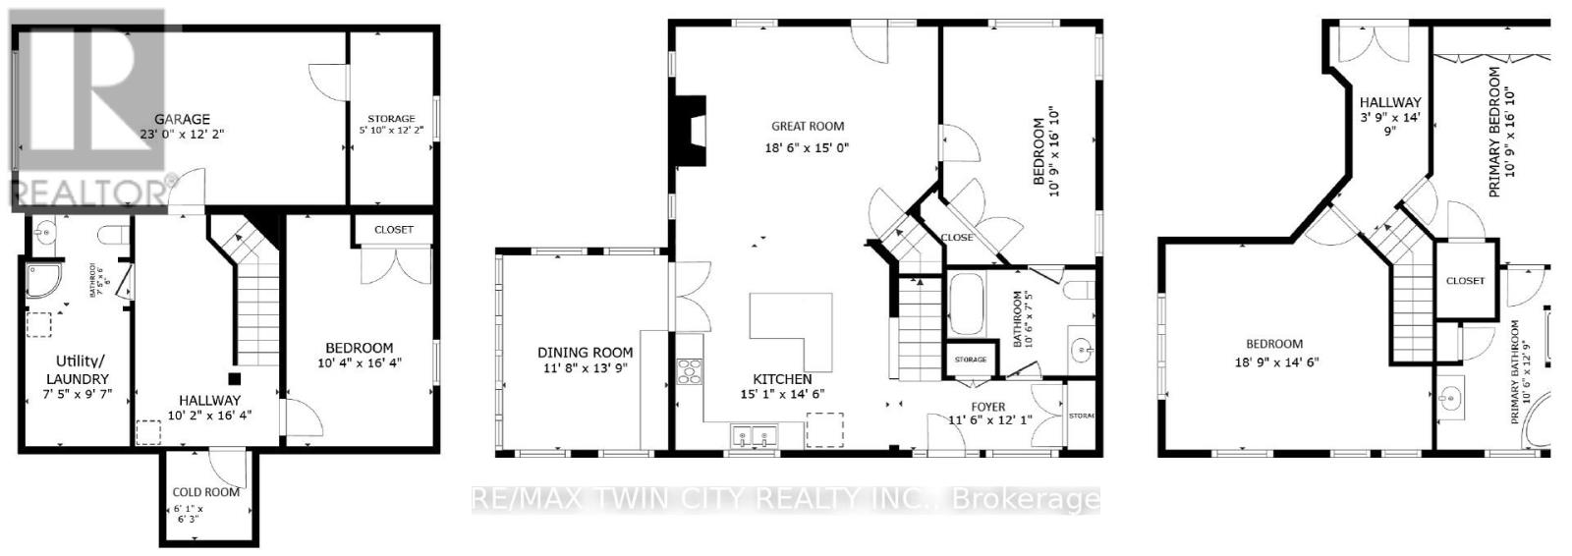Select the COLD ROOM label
click(206, 492)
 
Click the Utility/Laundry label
click(77, 370)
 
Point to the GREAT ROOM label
click(808, 126)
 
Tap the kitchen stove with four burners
click(688, 372)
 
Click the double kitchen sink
click(753, 435)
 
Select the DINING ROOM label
click(585, 352)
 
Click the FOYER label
click(988, 406)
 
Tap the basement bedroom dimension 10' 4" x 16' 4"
click(360, 362)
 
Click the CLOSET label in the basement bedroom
click(394, 230)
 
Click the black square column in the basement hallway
click(234, 377)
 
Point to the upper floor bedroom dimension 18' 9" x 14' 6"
click(1274, 361)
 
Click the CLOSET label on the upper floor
click(1465, 280)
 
